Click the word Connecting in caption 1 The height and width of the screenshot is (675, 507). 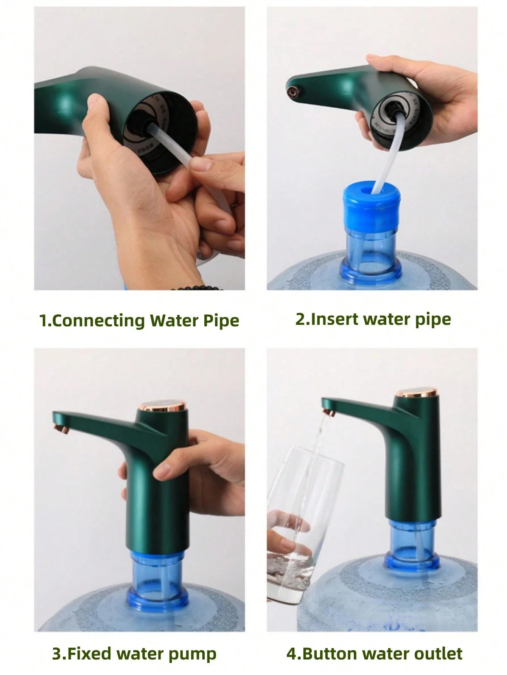98,321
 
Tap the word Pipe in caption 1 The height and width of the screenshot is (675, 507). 221,321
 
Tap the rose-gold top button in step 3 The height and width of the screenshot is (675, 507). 163,408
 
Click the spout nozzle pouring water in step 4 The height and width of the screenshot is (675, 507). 328,411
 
